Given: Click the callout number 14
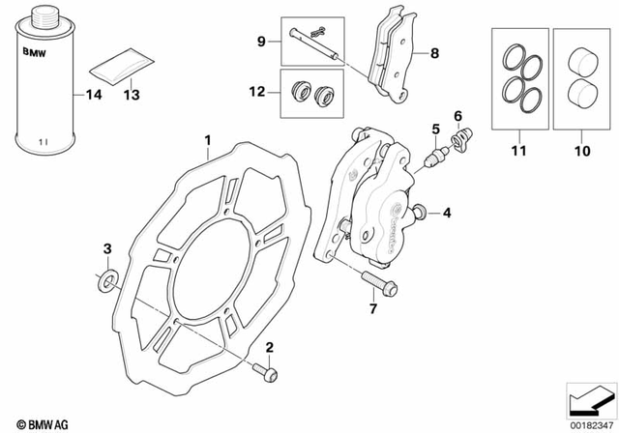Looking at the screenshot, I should (x=94, y=95).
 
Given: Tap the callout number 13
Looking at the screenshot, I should (x=132, y=95).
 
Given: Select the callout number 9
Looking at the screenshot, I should (x=261, y=41).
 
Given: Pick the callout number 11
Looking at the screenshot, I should (x=517, y=152).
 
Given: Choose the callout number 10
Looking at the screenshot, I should (x=581, y=152).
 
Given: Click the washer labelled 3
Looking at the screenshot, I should (x=107, y=281).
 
